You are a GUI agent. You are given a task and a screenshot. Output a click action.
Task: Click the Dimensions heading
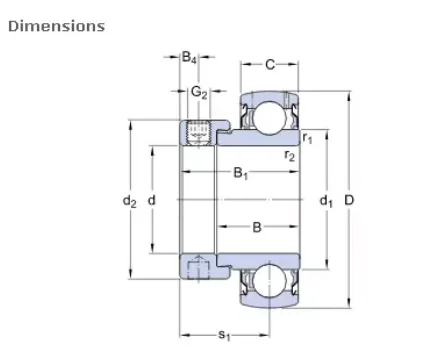point(56,26)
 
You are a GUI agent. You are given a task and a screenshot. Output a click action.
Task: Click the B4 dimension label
point(190,59)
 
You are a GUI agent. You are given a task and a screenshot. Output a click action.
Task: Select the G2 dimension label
point(199,93)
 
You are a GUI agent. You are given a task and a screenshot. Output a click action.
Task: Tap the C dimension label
point(270,65)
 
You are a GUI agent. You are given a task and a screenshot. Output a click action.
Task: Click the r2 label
point(290,155)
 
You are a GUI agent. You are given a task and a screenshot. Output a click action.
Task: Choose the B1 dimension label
point(241,174)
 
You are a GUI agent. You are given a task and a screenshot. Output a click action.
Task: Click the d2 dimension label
point(129,201)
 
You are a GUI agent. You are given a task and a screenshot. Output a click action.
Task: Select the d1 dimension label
point(325,201)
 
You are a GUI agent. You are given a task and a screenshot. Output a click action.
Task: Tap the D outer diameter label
point(349,201)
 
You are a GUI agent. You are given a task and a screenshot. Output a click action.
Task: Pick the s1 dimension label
point(224,334)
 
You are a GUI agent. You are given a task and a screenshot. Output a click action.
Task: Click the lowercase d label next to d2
point(152,201)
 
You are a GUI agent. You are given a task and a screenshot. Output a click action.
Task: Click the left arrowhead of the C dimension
point(243,65)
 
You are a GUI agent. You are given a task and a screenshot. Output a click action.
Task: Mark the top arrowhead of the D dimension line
point(349,97)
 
